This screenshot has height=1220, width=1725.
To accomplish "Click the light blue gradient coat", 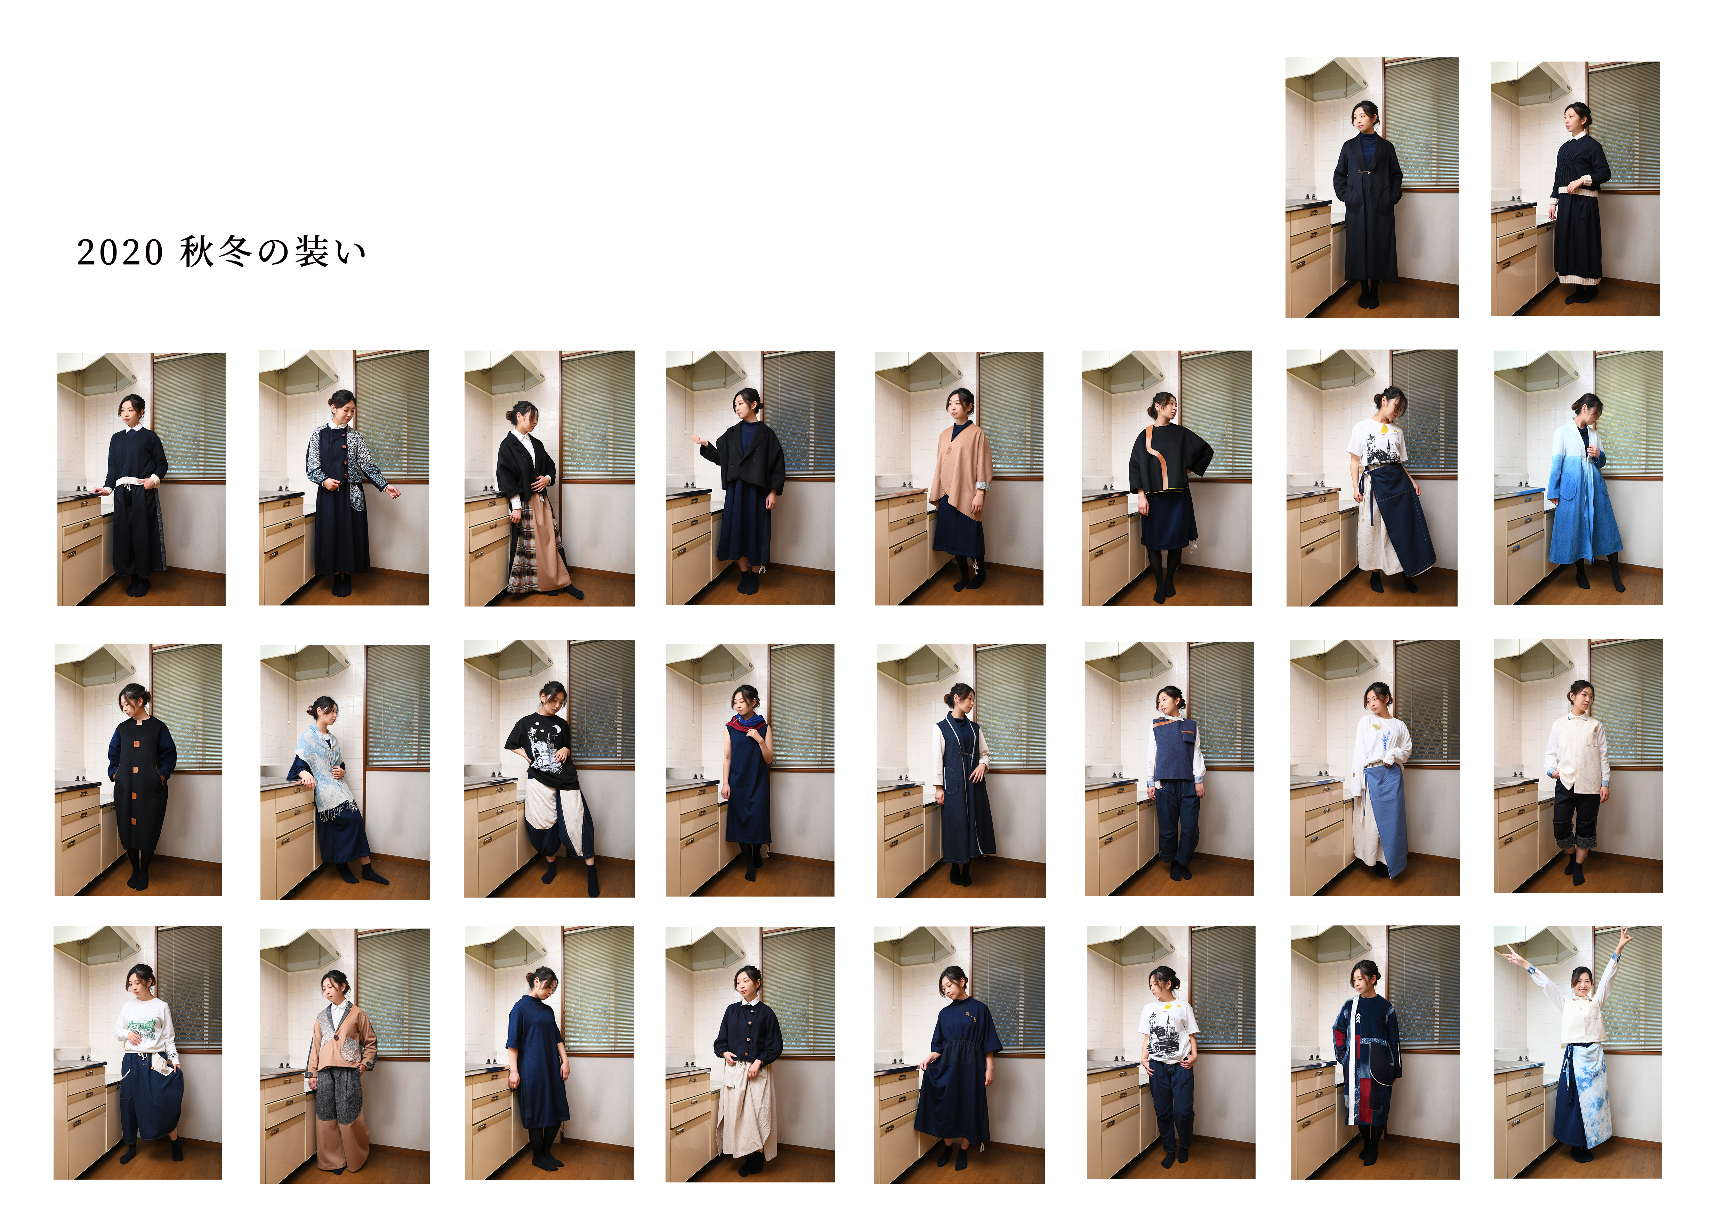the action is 1581,496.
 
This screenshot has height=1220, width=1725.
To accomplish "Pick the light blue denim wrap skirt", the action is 1386,819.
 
